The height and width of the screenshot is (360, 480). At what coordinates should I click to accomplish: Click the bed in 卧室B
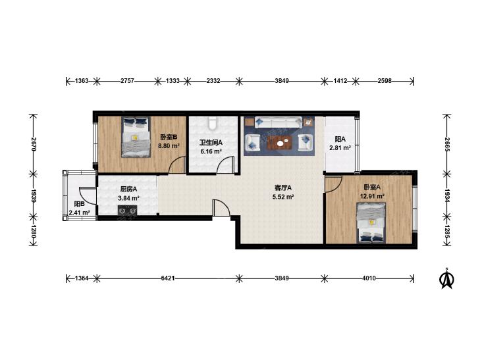coord(136,137)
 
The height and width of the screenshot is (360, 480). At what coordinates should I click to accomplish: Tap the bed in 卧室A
coord(371,223)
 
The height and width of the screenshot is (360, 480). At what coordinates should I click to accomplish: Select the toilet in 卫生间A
coord(213,123)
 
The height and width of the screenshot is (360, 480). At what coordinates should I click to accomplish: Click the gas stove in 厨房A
coord(128,210)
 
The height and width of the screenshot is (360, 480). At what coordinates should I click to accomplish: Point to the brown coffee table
coord(280,142)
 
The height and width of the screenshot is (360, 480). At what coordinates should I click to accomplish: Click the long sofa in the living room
coord(279,122)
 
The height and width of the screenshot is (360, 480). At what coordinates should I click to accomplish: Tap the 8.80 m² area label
coord(169,146)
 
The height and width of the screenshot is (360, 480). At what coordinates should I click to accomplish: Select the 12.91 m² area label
coord(372,196)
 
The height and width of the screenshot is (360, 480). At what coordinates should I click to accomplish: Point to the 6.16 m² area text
coord(211,151)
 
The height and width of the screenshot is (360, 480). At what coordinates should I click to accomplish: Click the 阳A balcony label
coord(340,140)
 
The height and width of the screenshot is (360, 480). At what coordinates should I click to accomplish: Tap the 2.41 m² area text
coord(79,213)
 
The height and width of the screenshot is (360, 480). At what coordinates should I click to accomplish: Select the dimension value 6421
coord(168,278)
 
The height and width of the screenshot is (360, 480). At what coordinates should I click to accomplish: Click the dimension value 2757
coord(127,81)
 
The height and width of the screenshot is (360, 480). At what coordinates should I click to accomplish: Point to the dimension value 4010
coord(369,278)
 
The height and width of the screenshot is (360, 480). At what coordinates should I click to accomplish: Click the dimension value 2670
coord(34,143)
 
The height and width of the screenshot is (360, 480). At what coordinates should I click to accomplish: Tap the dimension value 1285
coord(446,232)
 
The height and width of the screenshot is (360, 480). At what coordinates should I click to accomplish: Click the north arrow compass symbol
coord(446,278)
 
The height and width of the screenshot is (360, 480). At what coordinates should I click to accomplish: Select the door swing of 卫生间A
coord(226,165)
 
